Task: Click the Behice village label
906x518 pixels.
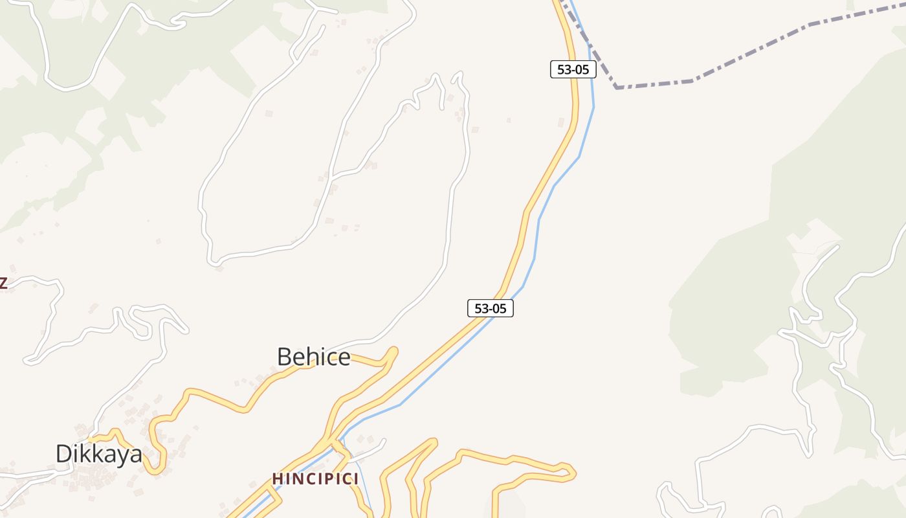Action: point(314,357)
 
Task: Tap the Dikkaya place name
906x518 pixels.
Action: point(98,454)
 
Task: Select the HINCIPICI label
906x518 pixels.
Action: point(315,479)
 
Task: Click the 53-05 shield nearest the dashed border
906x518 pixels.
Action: point(573,69)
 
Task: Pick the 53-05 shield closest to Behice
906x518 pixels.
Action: point(491,308)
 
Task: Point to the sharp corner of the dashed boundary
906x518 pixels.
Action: point(617,87)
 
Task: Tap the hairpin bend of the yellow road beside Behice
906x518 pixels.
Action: point(392,353)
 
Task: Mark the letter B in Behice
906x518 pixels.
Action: point(283,357)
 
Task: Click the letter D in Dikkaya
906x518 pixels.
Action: point(63,454)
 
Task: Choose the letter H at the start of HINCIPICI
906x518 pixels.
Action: point(278,479)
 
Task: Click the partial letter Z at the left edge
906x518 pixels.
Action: point(3,283)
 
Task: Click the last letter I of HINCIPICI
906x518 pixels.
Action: point(356,479)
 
